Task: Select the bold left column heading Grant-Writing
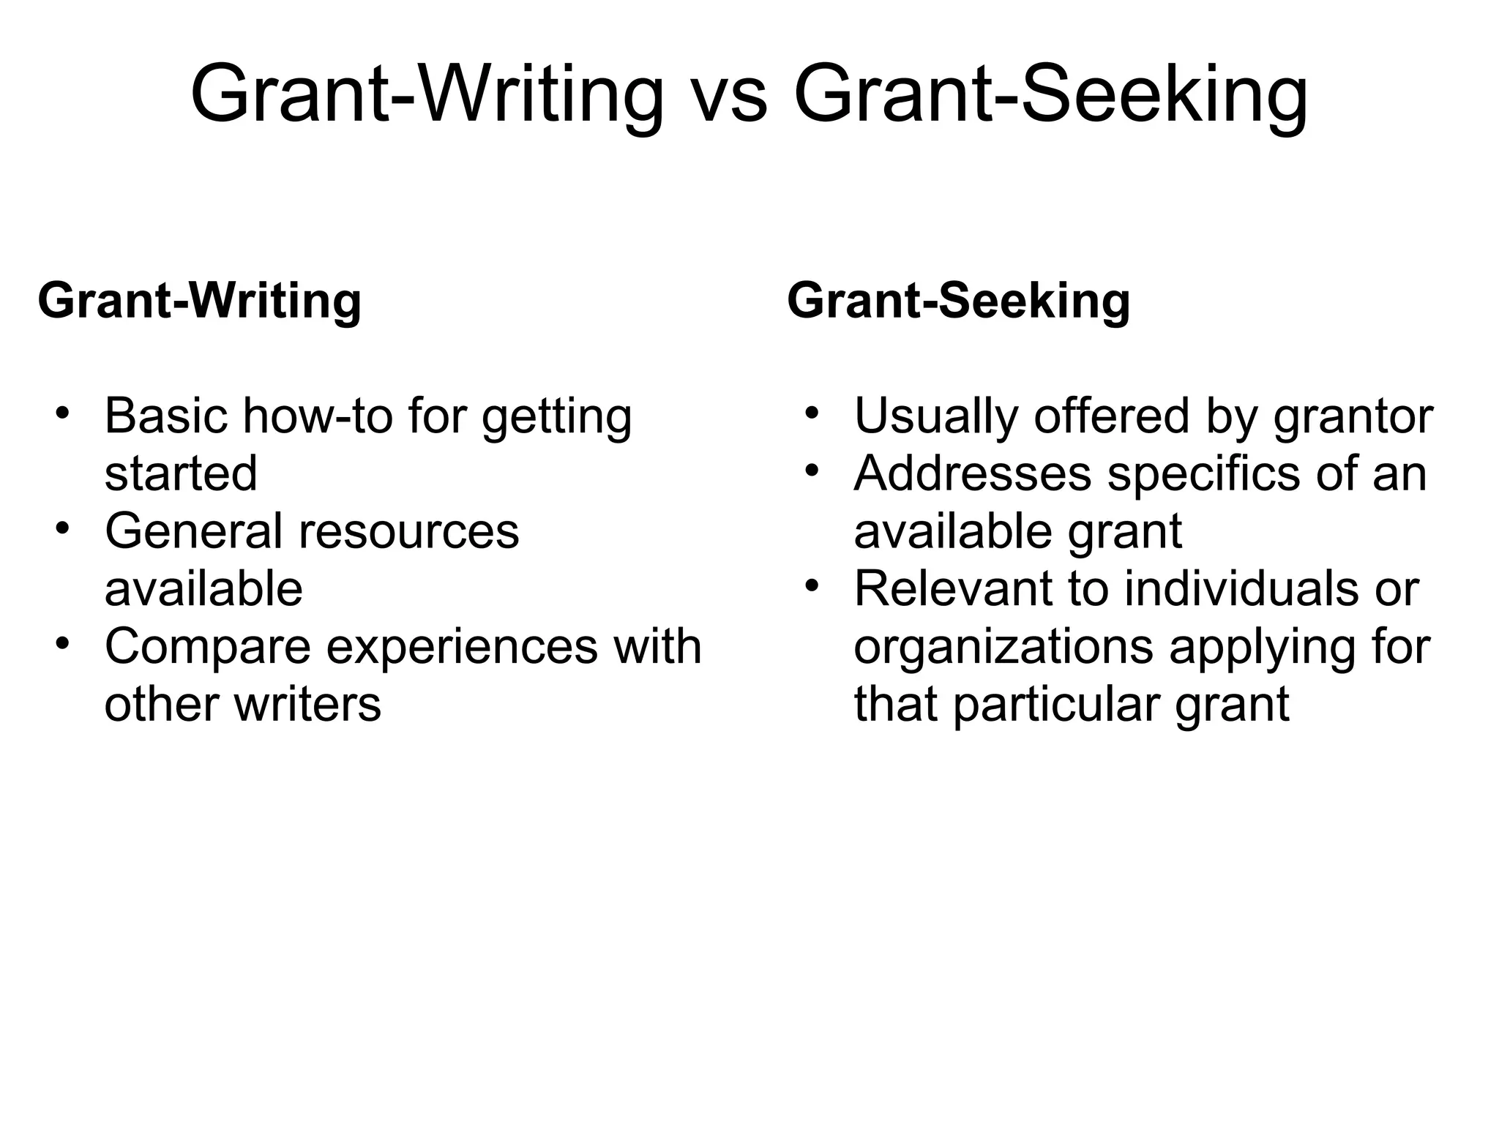[199, 301]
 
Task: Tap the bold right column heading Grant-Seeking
[958, 301]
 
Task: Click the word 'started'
[181, 473]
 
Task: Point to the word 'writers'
[307, 704]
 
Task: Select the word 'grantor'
[1353, 417]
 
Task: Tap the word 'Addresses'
[972, 473]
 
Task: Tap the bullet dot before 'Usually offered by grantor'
[810, 411]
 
